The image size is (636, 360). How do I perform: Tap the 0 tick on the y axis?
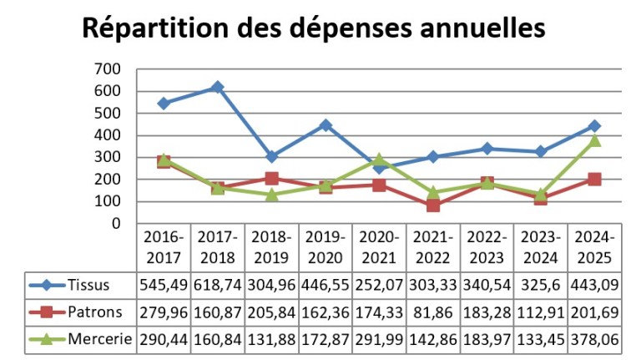pos(116,223)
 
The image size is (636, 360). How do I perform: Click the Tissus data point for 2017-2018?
pos(217,88)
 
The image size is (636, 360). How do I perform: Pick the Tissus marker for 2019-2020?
pos(326,125)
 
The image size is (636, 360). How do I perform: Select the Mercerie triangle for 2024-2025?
pos(594,140)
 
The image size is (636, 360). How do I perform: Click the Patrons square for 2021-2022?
pos(432,205)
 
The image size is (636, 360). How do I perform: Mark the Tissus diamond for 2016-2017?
pos(164,104)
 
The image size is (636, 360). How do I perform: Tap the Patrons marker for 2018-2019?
pos(271,178)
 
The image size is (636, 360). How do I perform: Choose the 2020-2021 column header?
pos(379,246)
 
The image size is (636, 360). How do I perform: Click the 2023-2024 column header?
pos(541,246)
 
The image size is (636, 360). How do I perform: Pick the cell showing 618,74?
pos(217,285)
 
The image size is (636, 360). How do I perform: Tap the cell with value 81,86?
pos(432,312)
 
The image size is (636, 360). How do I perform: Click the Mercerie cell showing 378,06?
pos(594,340)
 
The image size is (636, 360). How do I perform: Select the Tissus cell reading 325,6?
pos(541,285)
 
